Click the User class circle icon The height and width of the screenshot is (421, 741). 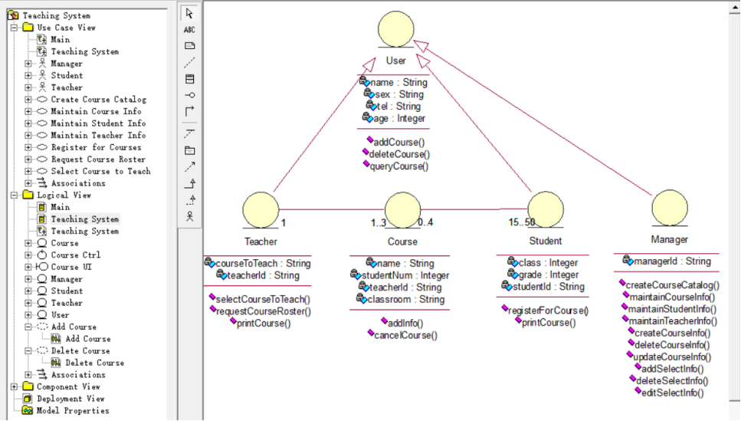tap(396, 29)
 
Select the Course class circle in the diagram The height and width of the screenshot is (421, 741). tap(402, 210)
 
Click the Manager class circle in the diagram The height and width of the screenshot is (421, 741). tap(670, 208)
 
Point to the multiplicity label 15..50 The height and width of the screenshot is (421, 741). tap(522, 222)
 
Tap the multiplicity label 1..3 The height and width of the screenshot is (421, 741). tap(379, 223)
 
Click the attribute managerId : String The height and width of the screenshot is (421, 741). tap(672, 261)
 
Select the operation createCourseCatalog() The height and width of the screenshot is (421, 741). tap(673, 285)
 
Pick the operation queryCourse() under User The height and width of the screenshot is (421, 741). tap(399, 166)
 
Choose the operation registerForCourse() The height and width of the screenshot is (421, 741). tap(548, 311)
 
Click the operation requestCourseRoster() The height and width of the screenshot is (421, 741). tap(264, 311)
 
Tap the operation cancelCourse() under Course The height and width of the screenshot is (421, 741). tap(405, 335)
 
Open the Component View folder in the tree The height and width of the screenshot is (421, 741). tap(68, 386)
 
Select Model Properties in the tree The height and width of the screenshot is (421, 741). tap(73, 410)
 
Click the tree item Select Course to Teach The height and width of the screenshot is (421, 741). tap(100, 171)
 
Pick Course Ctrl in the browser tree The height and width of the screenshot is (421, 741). tap(76, 255)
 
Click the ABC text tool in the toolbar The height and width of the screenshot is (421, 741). tap(189, 30)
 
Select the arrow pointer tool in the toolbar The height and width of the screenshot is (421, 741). tap(189, 13)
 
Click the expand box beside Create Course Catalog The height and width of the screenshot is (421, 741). tap(28, 100)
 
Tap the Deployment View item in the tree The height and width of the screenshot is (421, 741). tap(71, 399)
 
